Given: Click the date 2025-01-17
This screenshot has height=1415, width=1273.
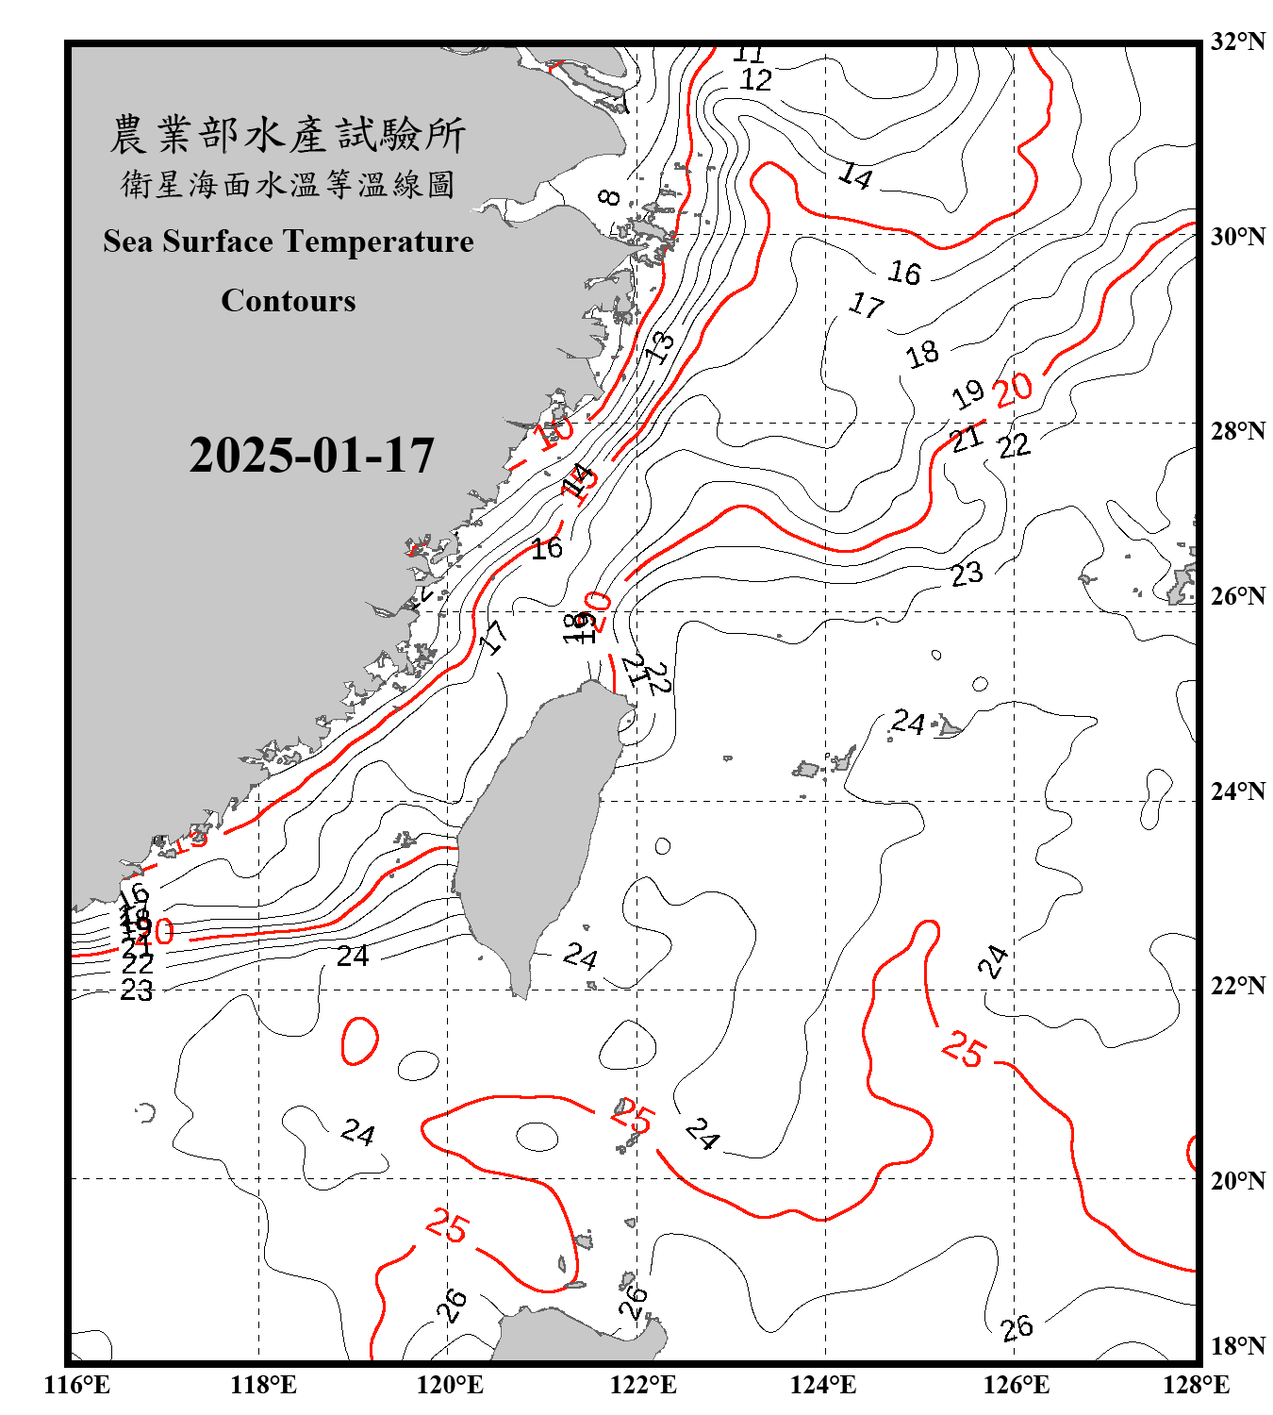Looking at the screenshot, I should (311, 456).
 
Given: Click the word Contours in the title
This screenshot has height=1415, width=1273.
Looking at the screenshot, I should (289, 300).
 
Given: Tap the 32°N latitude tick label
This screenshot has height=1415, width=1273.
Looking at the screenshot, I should (1237, 41).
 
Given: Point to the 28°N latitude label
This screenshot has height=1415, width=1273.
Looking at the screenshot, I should (1237, 430).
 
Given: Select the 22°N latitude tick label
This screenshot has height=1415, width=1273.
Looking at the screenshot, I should (1237, 985).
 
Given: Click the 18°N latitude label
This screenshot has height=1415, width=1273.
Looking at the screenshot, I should (1237, 1346).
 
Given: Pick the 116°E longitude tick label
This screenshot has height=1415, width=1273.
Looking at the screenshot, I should (77, 1385).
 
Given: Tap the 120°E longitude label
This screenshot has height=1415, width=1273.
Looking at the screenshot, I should (450, 1385).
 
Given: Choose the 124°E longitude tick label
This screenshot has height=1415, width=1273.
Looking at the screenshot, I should (823, 1385).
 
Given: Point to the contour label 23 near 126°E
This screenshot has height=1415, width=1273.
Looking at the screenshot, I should (967, 574).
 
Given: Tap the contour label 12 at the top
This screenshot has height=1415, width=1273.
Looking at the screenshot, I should (755, 79).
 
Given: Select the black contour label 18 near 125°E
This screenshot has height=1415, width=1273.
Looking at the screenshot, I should (922, 354).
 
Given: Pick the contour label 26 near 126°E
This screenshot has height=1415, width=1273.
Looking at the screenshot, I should (1017, 1328).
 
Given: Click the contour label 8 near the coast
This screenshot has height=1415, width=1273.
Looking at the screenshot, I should (611, 197).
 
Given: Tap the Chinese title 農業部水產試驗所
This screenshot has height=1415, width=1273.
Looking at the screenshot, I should (288, 135).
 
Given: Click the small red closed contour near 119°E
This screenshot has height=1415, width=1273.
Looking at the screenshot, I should (359, 1040).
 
